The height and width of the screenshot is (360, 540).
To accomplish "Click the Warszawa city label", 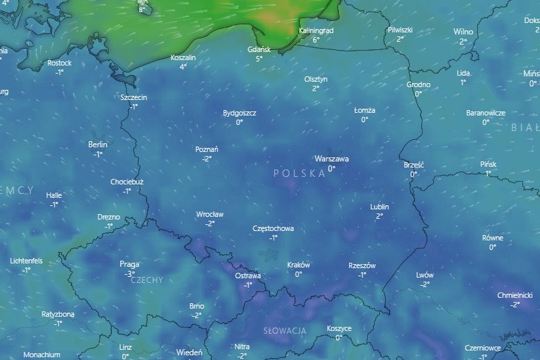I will pyautogui.click(x=331, y=159).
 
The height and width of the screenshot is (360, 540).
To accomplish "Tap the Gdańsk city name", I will pyautogui.click(x=259, y=49).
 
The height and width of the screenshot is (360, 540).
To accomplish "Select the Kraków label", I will pyautogui.click(x=298, y=265).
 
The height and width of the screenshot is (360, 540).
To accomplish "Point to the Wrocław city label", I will pyautogui.click(x=210, y=214).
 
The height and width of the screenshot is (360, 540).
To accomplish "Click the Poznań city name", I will pyautogui.click(x=207, y=149).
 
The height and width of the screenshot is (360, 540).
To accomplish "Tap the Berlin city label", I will pyautogui.click(x=98, y=145).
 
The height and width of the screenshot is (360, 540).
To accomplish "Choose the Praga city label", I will pyautogui.click(x=129, y=264).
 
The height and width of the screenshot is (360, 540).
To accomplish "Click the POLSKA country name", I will pyautogui.click(x=299, y=174).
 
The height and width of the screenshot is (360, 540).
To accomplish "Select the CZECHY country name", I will pyautogui.click(x=146, y=280).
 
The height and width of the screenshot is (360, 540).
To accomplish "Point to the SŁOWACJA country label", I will pyautogui.click(x=284, y=330).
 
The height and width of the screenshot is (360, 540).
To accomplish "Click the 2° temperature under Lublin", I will pyautogui.click(x=379, y=216).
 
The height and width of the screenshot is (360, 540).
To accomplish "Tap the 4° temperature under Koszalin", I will pyautogui.click(x=183, y=67).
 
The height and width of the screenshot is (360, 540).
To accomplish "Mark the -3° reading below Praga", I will pyautogui.click(x=129, y=274).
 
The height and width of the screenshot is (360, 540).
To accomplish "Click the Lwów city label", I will pyautogui.click(x=425, y=275).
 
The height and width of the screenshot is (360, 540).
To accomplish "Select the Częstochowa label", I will pyautogui.click(x=273, y=228).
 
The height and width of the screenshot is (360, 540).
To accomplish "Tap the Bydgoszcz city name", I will pyautogui.click(x=240, y=113).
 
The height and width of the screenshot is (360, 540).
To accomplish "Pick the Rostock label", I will pyautogui.click(x=59, y=63).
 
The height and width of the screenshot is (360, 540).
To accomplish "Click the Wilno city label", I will pyautogui.click(x=463, y=32).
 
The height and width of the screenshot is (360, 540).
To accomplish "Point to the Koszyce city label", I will pyautogui.click(x=339, y=328).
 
